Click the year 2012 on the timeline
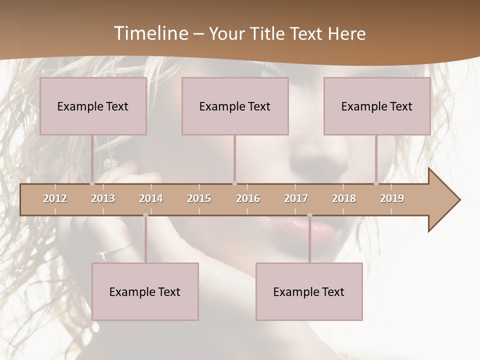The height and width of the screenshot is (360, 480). pos(55,198)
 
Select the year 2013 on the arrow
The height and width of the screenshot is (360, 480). pos(103,198)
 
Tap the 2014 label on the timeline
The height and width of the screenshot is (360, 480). pos(151,198)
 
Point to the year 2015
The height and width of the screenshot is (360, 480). pos(199,198)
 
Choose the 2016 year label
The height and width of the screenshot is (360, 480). pos(248,198)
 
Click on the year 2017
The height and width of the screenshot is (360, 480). pos(296,198)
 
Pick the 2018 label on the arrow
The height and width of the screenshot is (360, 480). pos(344,198)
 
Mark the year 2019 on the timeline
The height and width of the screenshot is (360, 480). pos(392,198)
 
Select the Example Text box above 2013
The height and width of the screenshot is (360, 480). pos(93,106)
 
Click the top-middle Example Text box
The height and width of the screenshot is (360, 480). pos(235,106)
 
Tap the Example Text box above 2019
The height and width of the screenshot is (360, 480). pos(377,106)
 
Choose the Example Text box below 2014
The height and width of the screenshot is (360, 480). pos(145,291)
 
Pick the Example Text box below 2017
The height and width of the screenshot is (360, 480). pos(309,291)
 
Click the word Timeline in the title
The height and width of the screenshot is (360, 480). pos(149,33)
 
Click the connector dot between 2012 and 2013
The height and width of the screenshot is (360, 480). pos(92,183)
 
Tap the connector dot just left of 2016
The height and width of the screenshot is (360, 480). pos(234,183)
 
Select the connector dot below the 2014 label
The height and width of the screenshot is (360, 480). pos(145,215)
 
